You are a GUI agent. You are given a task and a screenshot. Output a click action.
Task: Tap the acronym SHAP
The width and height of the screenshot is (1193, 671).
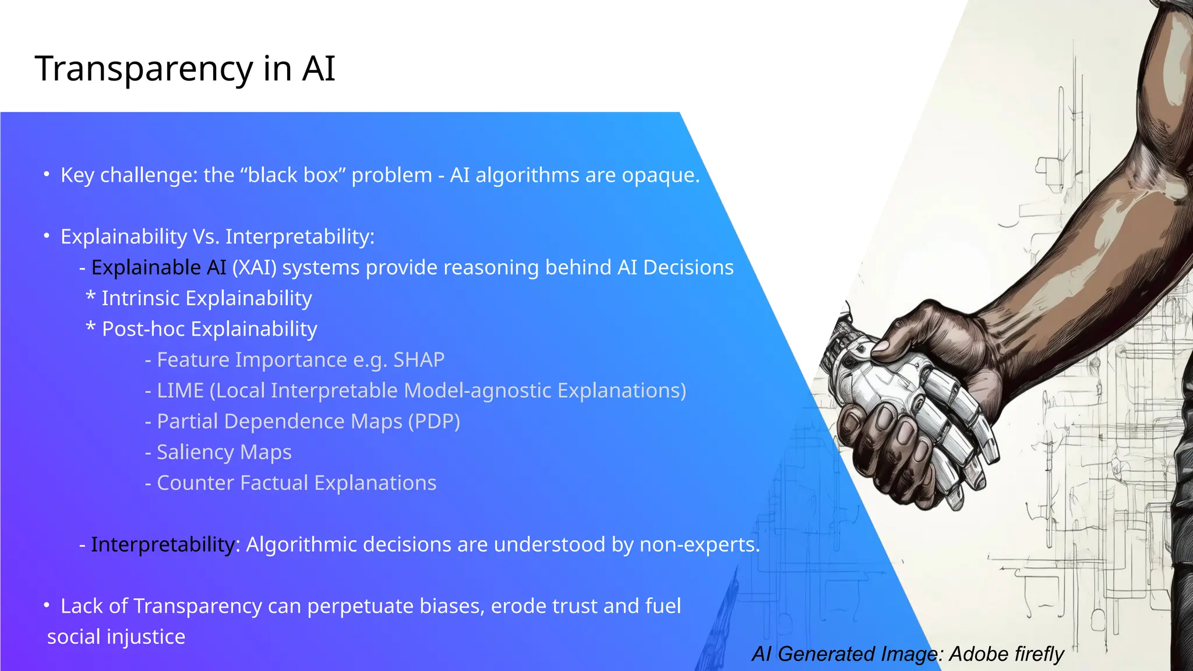418,360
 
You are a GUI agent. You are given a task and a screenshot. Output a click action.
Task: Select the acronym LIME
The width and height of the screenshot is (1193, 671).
180,391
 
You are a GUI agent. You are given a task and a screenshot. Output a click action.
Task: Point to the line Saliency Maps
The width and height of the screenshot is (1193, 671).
224,453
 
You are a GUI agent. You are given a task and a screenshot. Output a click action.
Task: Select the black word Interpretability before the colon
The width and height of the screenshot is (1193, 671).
163,545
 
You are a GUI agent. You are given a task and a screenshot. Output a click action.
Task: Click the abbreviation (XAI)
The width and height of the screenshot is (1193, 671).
255,268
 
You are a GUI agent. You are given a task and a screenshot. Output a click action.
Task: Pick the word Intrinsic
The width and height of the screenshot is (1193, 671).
140,298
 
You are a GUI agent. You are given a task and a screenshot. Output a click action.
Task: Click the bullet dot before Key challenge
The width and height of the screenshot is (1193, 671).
47,174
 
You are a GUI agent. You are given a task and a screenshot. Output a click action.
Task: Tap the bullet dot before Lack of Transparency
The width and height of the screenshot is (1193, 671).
47,605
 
